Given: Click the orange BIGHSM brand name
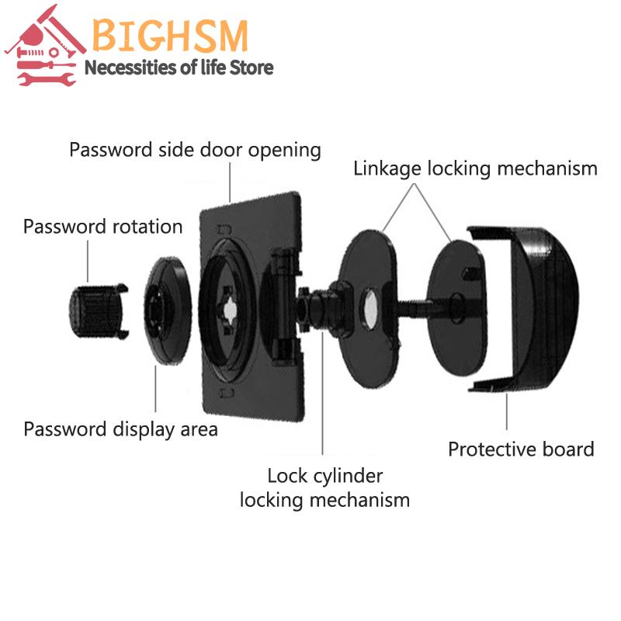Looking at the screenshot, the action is (170, 36).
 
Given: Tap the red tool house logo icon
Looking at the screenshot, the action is (45, 46).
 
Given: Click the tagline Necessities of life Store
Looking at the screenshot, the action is (179, 68).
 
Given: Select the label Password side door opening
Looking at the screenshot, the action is (195, 150).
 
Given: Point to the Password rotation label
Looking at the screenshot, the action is (103, 227).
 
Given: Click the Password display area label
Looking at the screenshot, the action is (121, 430).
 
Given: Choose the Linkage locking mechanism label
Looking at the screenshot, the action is (475, 168).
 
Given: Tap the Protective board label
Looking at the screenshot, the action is (521, 449).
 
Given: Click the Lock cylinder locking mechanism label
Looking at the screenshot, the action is (324, 487).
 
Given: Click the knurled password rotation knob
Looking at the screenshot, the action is (99, 311).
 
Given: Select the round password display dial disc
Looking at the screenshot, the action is (168, 310).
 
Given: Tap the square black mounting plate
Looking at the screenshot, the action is (252, 307).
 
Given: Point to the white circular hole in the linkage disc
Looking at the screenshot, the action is (369, 308).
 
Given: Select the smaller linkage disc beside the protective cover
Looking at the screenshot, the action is (456, 307).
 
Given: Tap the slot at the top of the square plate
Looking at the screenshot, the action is (224, 230).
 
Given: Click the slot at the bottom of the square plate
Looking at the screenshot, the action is (227, 394).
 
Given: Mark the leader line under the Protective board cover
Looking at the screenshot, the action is (507, 411).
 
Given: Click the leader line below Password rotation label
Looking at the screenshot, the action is (88, 261).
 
